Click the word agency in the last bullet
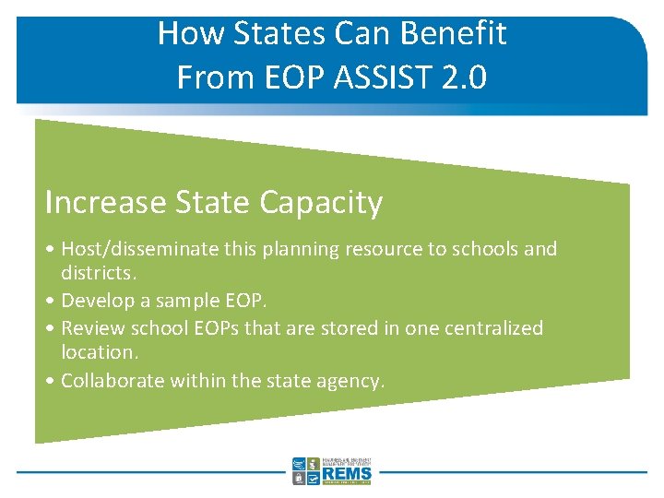tap(349, 380)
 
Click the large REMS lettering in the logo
tap(348, 475)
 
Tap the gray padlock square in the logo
tap(299, 479)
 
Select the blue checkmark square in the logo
tap(314, 479)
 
